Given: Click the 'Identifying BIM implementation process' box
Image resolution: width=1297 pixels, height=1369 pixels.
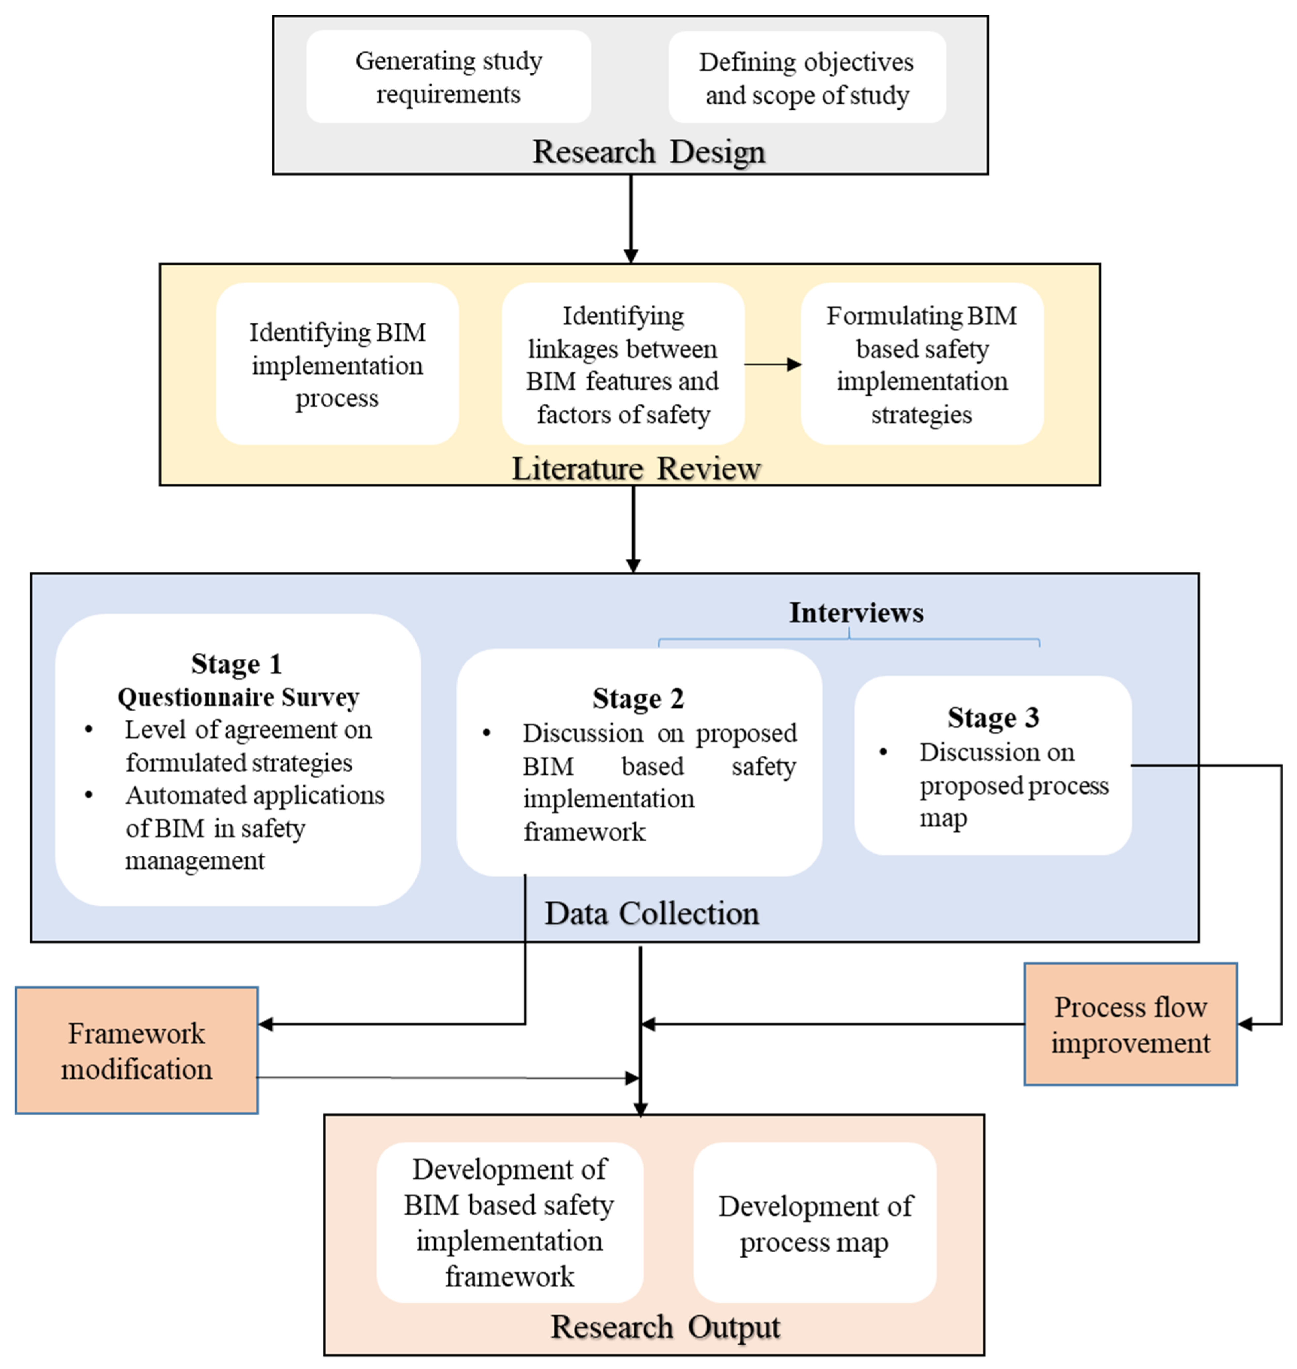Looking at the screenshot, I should tap(337, 365).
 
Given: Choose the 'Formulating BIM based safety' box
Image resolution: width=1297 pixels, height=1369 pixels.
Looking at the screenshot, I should tap(922, 365).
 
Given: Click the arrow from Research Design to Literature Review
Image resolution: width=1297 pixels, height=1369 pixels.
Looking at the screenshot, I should tap(630, 218).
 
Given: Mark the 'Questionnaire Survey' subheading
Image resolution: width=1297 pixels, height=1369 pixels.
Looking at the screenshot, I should tap(238, 697).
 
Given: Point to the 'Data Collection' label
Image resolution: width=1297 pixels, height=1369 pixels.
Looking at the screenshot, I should tap(651, 913).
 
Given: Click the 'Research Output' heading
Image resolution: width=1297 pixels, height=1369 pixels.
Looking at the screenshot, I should tap(665, 1327).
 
